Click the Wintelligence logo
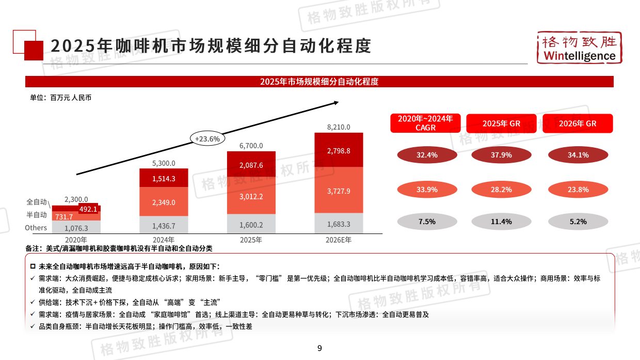click(x=578, y=48)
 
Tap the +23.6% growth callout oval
click(x=207, y=138)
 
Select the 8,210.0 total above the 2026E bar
click(x=339, y=127)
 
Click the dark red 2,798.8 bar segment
click(x=339, y=151)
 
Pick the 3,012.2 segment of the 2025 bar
click(x=251, y=196)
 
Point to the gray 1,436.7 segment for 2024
click(x=164, y=226)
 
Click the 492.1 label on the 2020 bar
click(x=88, y=209)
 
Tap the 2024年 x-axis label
click(x=164, y=240)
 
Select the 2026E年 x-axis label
click(x=339, y=240)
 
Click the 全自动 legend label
click(x=37, y=202)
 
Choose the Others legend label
click(x=36, y=228)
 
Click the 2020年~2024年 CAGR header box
click(x=425, y=123)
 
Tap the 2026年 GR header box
click(x=578, y=123)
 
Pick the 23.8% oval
click(x=578, y=190)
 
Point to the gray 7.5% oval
click(x=426, y=222)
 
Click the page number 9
click(x=319, y=348)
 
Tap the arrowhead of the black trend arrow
click(x=336, y=102)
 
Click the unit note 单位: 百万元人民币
click(x=60, y=98)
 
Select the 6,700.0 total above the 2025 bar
click(x=251, y=146)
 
